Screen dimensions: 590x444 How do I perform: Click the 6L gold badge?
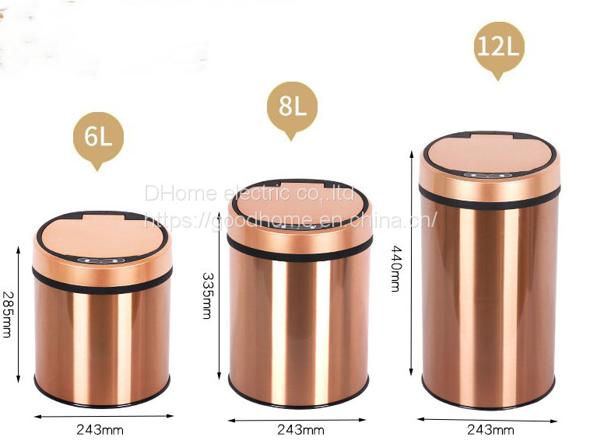(98, 137)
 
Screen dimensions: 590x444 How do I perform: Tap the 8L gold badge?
(292, 107)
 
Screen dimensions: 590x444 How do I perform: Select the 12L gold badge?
(499, 47)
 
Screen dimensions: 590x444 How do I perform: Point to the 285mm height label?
(7, 314)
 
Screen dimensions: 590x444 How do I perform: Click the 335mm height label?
(208, 296)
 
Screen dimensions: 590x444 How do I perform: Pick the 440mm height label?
(396, 268)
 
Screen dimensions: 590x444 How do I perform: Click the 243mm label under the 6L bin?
(100, 430)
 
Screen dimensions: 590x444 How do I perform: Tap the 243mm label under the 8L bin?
(300, 430)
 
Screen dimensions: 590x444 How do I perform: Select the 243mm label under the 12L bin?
(490, 429)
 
